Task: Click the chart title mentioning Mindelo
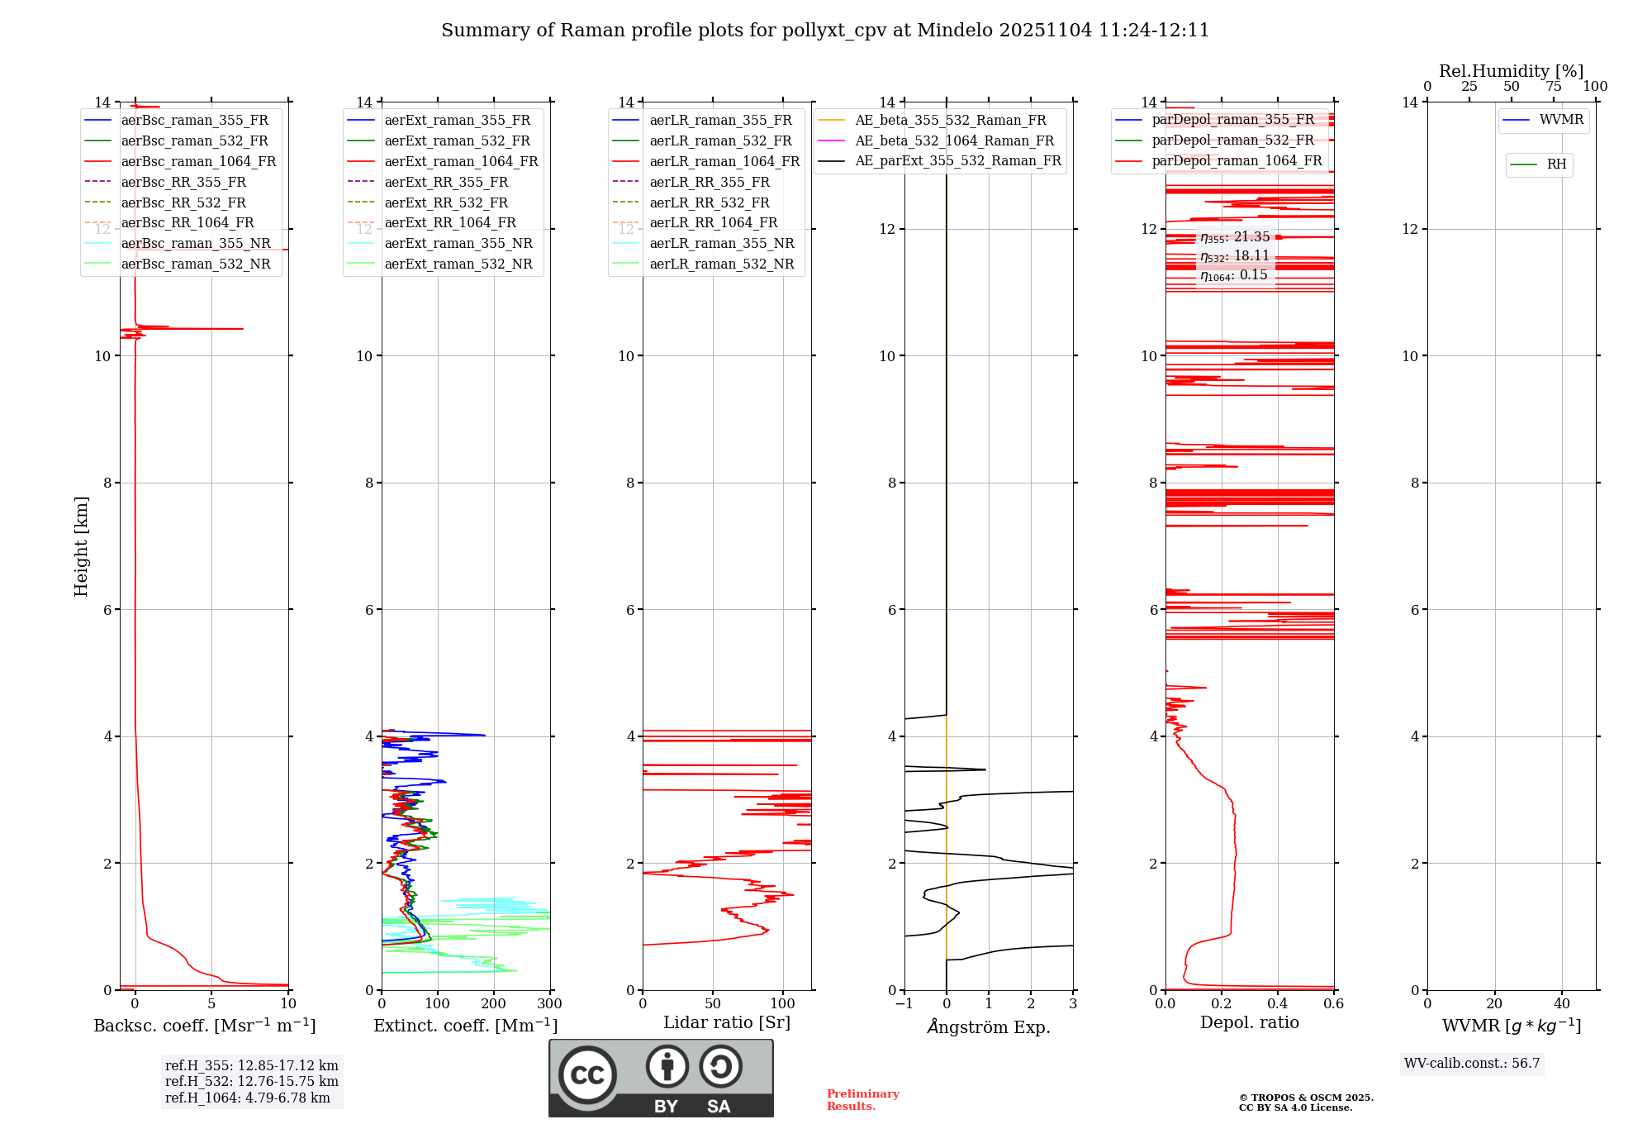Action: point(825,31)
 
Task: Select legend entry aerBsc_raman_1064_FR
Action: point(198,161)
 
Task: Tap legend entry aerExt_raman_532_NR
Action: point(458,264)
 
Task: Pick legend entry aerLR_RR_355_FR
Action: point(709,182)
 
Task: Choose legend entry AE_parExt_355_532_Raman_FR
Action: point(957,160)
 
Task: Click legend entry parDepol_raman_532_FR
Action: point(1232,140)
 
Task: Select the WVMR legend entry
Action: point(1560,120)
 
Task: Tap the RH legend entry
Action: point(1556,164)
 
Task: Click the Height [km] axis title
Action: point(81,546)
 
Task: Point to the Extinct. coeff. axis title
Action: point(466,1026)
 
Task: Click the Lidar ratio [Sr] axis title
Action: point(727,1022)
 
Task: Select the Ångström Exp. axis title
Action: point(989,1026)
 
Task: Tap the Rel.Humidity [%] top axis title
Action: point(1512,71)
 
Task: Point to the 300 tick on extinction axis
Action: point(549,1004)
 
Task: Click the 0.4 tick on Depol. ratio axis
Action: point(1278,1004)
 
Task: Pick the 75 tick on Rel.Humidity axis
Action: point(1554,87)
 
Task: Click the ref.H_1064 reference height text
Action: point(248,1098)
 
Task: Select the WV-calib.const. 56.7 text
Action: point(1472,1063)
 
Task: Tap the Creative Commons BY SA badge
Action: point(661,1079)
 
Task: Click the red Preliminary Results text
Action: point(862,1100)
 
